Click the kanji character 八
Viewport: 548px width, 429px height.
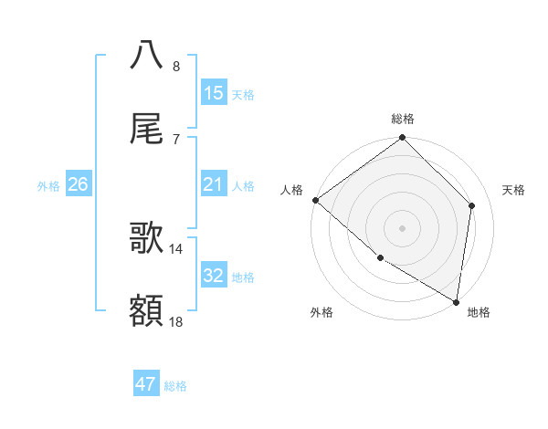point(147,55)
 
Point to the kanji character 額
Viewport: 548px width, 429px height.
point(147,311)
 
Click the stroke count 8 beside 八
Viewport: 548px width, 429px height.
point(176,66)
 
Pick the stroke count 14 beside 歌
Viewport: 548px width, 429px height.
point(176,248)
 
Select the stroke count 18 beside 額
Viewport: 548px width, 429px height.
point(176,321)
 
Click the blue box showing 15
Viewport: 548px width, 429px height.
point(214,92)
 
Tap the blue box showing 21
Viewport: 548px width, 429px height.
point(214,184)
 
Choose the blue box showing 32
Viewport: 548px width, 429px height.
point(214,275)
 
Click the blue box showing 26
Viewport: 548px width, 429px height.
point(78,184)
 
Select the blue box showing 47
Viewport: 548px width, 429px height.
point(146,384)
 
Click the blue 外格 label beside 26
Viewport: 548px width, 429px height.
point(48,185)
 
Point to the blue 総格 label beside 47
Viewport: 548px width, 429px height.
point(175,386)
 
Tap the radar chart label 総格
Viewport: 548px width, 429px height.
point(403,119)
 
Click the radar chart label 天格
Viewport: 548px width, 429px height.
point(513,190)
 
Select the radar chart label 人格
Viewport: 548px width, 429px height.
point(291,190)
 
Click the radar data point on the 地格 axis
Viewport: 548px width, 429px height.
point(456,300)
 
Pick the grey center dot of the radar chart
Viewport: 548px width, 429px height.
point(402,227)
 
